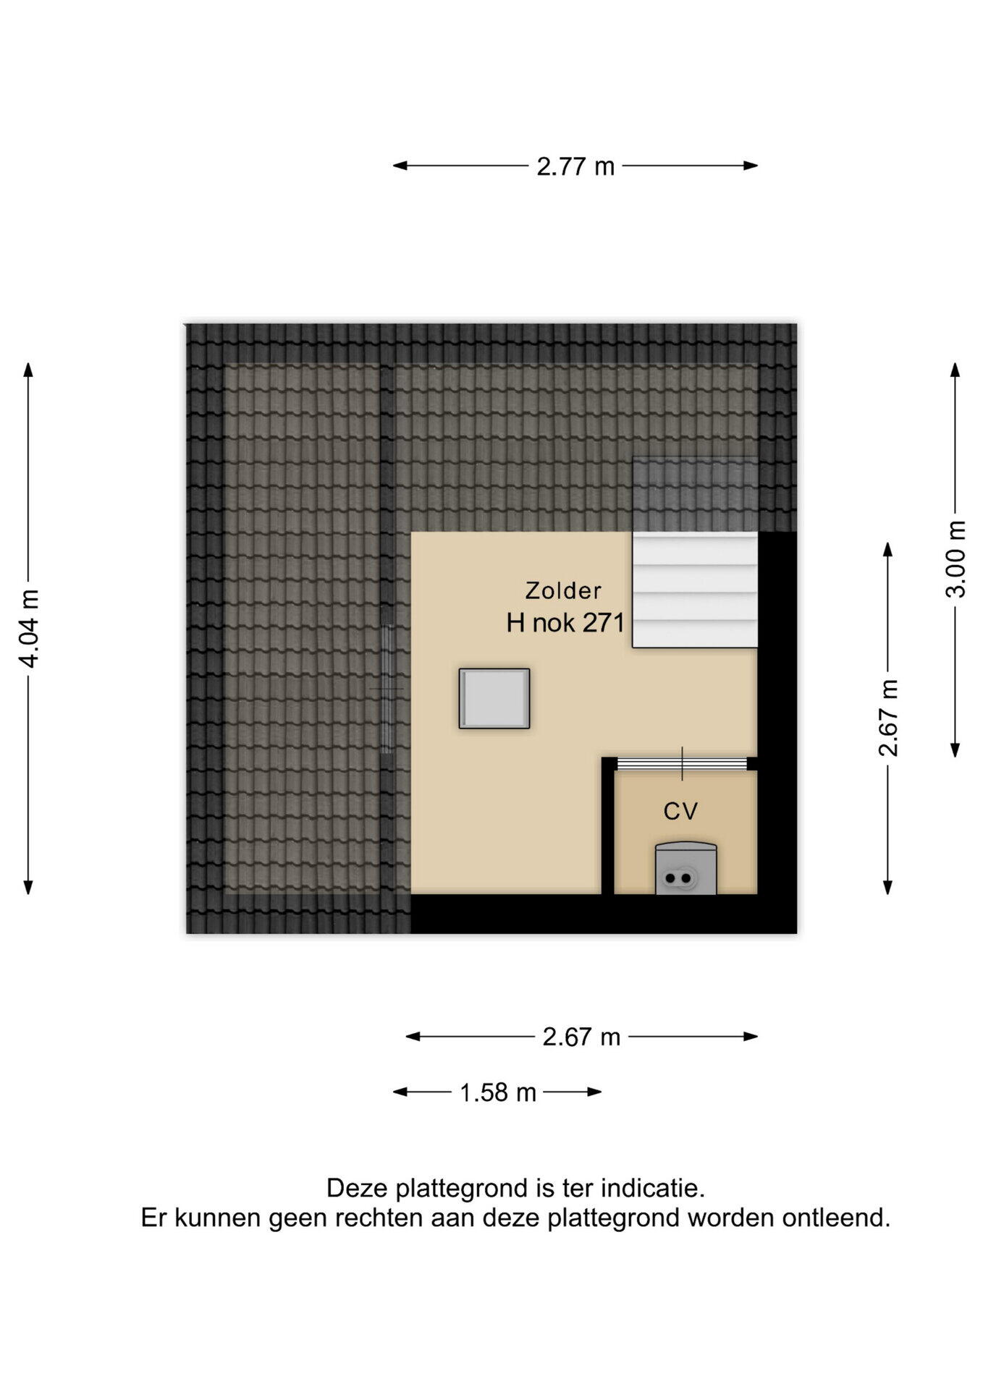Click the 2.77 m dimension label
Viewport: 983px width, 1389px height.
(x=575, y=166)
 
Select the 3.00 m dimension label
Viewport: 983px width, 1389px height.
(x=955, y=558)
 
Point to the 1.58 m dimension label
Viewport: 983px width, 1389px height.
(x=498, y=1092)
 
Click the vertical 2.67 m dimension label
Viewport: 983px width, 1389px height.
(x=888, y=718)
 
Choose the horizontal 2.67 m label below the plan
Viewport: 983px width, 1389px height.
(x=582, y=1037)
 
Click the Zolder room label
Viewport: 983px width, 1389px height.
(x=563, y=590)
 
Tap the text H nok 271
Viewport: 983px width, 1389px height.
(x=565, y=622)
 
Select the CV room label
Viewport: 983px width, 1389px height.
(x=680, y=811)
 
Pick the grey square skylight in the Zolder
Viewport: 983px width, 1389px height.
(x=494, y=698)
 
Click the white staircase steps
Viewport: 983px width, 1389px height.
(x=695, y=590)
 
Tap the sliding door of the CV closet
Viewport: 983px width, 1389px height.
(x=682, y=763)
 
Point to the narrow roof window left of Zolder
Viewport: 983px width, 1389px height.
(x=388, y=689)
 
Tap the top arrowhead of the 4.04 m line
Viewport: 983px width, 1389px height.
(x=29, y=370)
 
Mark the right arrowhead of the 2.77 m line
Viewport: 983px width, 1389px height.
(x=751, y=166)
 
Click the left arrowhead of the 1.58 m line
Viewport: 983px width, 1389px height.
(x=400, y=1092)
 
